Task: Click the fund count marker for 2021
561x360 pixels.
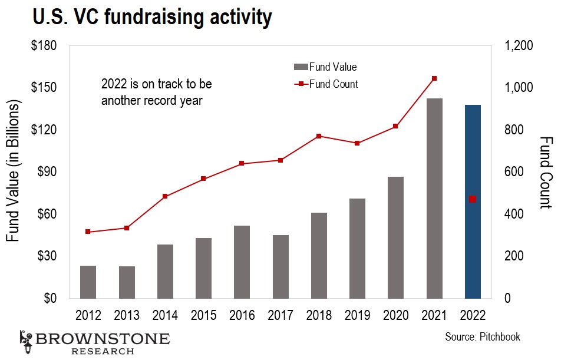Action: (x=434, y=78)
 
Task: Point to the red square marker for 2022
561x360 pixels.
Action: (x=473, y=199)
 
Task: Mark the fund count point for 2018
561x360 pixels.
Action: (x=319, y=136)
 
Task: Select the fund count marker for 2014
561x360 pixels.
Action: (x=165, y=196)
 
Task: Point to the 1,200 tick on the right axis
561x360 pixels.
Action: (x=519, y=46)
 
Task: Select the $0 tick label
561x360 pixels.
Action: (x=50, y=298)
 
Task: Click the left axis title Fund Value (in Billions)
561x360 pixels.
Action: (x=13, y=171)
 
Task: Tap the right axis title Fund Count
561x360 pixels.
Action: (x=546, y=172)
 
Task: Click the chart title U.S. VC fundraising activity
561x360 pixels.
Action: (x=145, y=18)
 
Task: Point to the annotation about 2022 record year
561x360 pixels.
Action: (x=156, y=93)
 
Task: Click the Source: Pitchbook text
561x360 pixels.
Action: (x=483, y=337)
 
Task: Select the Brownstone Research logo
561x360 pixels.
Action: (x=94, y=342)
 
